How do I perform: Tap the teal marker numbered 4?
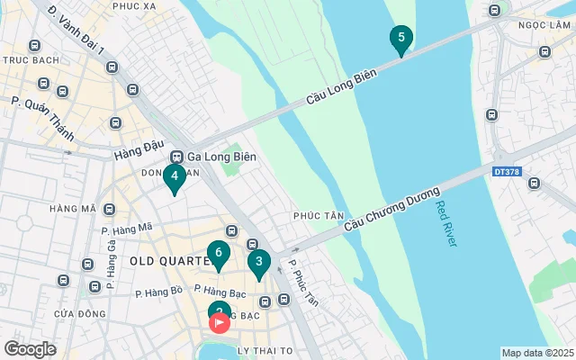[175, 177]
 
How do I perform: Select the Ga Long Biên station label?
[221, 156]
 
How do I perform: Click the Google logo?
[31, 348]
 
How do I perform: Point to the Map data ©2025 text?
[537, 353]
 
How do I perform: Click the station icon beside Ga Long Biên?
[177, 156]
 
